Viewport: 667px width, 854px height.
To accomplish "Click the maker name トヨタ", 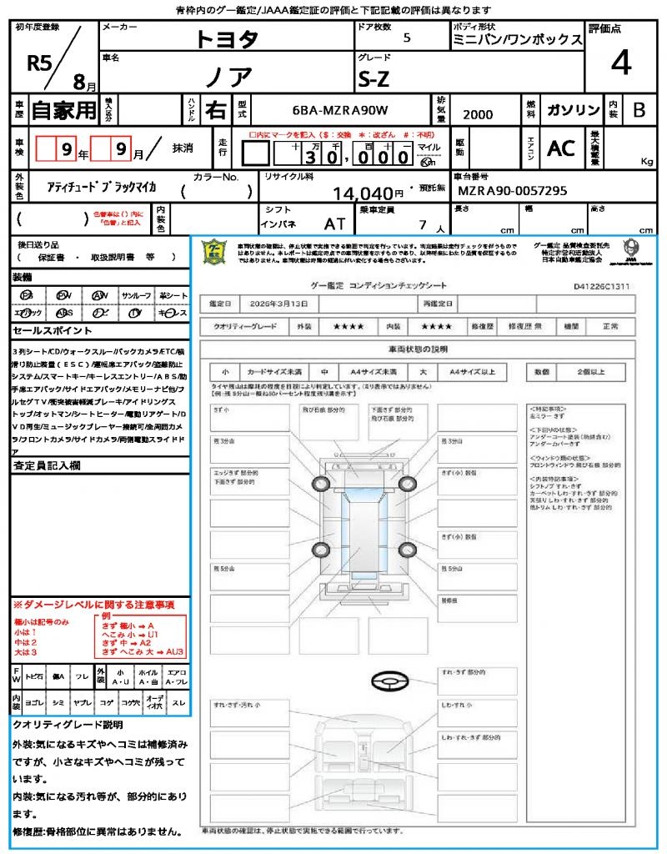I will tap(227, 38).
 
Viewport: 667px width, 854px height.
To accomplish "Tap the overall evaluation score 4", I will tap(619, 63).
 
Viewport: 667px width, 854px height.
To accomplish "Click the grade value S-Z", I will tap(374, 79).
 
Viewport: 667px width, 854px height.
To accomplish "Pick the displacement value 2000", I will tap(478, 115).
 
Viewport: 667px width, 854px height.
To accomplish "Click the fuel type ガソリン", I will tap(573, 110).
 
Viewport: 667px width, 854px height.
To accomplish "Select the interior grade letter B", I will tap(639, 110).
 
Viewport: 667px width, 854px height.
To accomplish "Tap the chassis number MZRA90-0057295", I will tap(513, 191).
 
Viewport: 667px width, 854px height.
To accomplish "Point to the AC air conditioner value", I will tap(561, 148).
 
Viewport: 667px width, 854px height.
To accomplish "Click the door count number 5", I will tap(406, 38).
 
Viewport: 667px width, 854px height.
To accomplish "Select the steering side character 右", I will tap(215, 110).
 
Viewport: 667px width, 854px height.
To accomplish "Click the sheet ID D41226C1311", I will tap(601, 286).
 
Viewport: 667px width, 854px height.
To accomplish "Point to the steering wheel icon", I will tap(388, 682).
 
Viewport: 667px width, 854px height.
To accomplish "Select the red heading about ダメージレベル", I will tap(93, 604).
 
